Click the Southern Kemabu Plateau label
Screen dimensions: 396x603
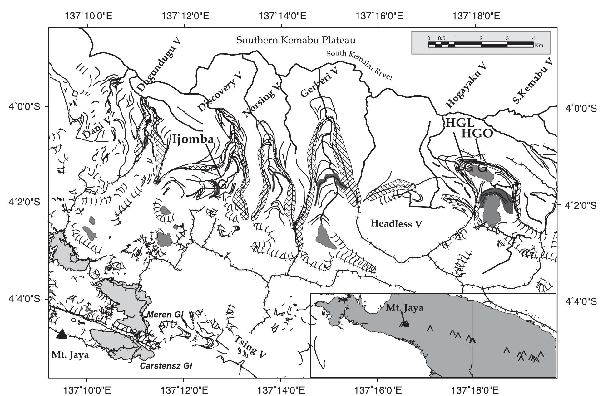point(296,40)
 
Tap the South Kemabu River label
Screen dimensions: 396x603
point(359,65)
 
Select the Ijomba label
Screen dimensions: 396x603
point(193,139)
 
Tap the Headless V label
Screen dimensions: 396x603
point(396,223)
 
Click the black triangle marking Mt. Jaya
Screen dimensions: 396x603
point(62,334)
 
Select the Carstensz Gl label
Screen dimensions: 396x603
point(166,366)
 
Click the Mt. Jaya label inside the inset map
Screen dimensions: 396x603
point(404,308)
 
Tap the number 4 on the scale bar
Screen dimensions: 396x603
point(533,38)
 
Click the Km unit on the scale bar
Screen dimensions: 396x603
point(539,46)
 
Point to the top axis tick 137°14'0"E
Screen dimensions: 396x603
point(282,16)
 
